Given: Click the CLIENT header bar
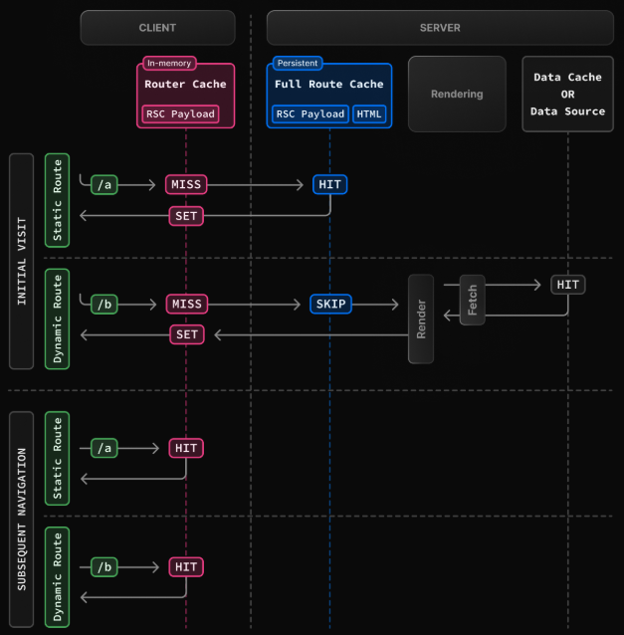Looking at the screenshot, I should [x=157, y=28].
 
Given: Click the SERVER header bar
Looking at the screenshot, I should [x=440, y=28].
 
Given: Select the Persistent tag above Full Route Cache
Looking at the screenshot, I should [x=298, y=63].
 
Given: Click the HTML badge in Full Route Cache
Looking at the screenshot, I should [x=369, y=113].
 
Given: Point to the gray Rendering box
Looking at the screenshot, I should [x=457, y=95].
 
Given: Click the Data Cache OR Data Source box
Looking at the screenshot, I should [x=567, y=95].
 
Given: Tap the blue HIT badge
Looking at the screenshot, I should [x=330, y=185].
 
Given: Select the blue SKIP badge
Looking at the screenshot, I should [x=330, y=304].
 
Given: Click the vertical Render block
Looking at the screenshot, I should [x=421, y=318].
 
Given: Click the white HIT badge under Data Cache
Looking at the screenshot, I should [x=568, y=285].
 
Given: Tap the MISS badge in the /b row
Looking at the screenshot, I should [x=186, y=304].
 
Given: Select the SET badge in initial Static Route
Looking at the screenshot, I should [x=186, y=215].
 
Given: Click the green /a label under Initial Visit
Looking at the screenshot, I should [x=104, y=185].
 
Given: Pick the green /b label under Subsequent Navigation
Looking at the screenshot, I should [x=104, y=567].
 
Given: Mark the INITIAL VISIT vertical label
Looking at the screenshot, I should [x=22, y=261].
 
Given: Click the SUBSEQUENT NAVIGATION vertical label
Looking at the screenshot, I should [x=22, y=519].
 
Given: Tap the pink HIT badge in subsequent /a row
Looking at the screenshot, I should [x=186, y=449].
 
